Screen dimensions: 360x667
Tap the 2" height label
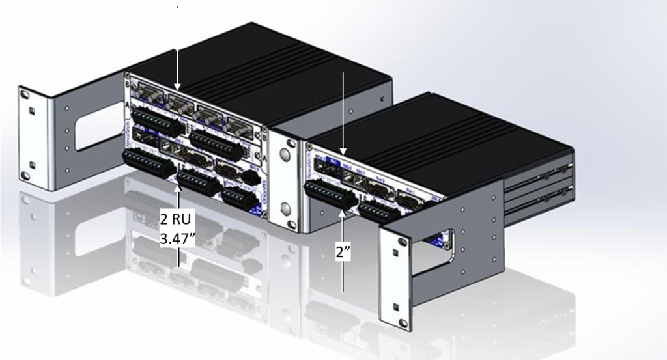point(344,253)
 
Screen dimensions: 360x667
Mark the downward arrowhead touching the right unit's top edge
point(344,152)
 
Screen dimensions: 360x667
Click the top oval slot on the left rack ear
point(25,96)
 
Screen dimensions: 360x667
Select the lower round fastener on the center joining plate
point(285,210)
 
